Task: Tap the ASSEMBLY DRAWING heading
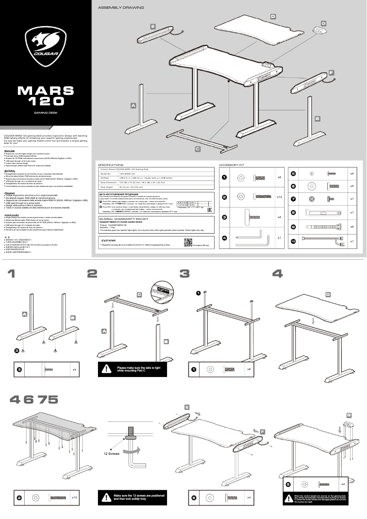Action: click(x=121, y=8)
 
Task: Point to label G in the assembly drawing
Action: click(x=323, y=22)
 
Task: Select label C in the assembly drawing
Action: click(x=198, y=148)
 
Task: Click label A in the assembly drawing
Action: click(x=134, y=106)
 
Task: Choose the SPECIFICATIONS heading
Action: click(x=111, y=164)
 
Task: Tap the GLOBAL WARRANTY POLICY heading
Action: click(x=124, y=219)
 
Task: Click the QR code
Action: click(x=187, y=242)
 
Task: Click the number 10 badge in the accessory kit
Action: click(x=293, y=241)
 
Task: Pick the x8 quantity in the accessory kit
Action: click(x=279, y=177)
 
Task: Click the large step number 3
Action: click(x=184, y=273)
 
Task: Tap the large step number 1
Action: click(x=11, y=273)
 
